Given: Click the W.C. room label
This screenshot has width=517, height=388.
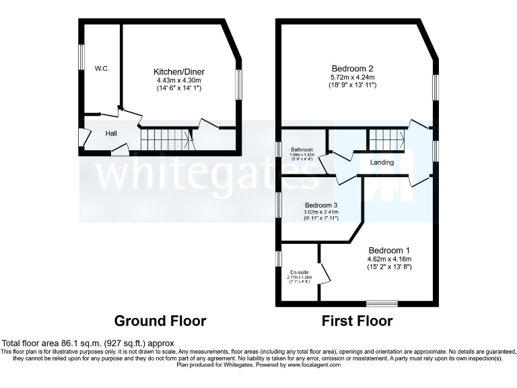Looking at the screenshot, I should (102, 68).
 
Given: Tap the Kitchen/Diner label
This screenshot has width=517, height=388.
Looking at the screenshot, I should (179, 72).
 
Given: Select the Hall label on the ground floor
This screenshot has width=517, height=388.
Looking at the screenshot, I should (111, 133).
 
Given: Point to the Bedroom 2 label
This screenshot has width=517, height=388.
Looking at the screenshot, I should (352, 68).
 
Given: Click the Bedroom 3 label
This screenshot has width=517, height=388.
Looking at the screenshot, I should (320, 205).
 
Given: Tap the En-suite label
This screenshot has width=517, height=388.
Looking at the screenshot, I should (297, 272).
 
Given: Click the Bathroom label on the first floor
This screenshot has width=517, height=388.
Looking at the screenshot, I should (302, 150).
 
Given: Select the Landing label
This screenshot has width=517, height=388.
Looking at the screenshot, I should (382, 162).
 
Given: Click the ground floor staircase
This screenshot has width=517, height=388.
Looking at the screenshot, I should (166, 140).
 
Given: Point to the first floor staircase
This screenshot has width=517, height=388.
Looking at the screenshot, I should (386, 141).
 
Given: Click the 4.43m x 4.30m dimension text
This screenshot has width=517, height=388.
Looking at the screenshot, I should (179, 80).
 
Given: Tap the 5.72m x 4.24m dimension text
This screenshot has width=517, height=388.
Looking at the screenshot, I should (352, 77).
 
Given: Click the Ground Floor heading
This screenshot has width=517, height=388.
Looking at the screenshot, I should (160, 321).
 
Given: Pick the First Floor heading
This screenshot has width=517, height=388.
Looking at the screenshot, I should (357, 321).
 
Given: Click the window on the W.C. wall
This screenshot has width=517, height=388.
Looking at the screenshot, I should (81, 57).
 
